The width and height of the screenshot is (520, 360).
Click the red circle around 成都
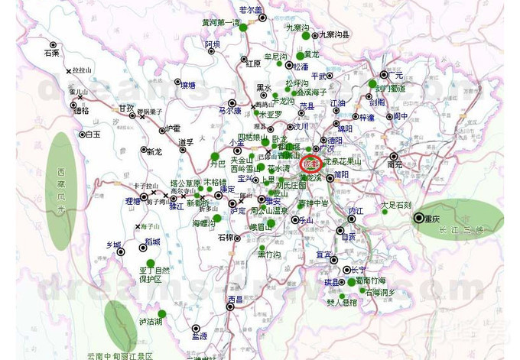[310, 164]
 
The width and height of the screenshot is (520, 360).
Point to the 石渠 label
[51, 54]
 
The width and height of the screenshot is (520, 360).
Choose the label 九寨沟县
[334, 34]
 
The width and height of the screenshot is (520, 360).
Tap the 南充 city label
[395, 164]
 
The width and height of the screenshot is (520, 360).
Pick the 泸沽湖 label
[150, 323]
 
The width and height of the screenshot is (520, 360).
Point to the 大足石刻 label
[396, 205]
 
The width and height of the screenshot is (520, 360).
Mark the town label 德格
[80, 110]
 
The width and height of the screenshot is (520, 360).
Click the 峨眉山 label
[262, 226]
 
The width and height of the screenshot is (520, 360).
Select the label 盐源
[200, 336]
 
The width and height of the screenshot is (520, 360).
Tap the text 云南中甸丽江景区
[120, 355]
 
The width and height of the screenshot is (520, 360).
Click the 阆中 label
[401, 116]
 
